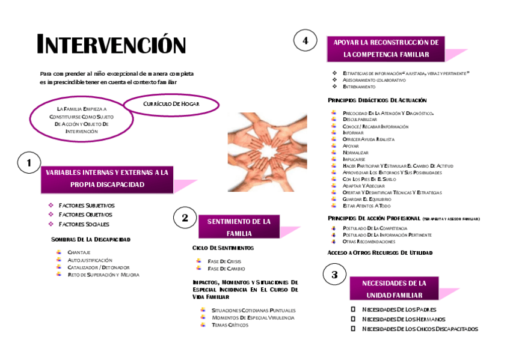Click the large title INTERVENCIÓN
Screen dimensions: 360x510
(112, 45)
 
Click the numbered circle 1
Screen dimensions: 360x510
(29, 162)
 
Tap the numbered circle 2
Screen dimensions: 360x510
(185, 218)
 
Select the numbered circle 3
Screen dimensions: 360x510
(334, 275)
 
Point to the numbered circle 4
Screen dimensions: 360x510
(305, 41)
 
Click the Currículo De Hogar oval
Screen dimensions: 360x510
(171, 104)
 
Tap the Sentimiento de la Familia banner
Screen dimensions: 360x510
(239, 227)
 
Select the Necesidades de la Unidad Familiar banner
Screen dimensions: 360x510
(394, 289)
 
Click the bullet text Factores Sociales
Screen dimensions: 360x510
(84, 224)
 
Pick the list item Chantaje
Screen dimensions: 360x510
(79, 252)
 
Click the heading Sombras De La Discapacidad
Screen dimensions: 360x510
(91, 239)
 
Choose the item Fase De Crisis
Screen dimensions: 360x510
(224, 261)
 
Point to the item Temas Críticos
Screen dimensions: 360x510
(230, 325)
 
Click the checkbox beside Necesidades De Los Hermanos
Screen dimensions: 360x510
(353, 319)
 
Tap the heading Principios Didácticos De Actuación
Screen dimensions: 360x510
(377, 100)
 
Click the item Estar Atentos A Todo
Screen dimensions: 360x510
(366, 206)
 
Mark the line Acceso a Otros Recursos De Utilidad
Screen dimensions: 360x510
(379, 252)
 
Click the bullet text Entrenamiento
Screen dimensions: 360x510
(359, 87)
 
